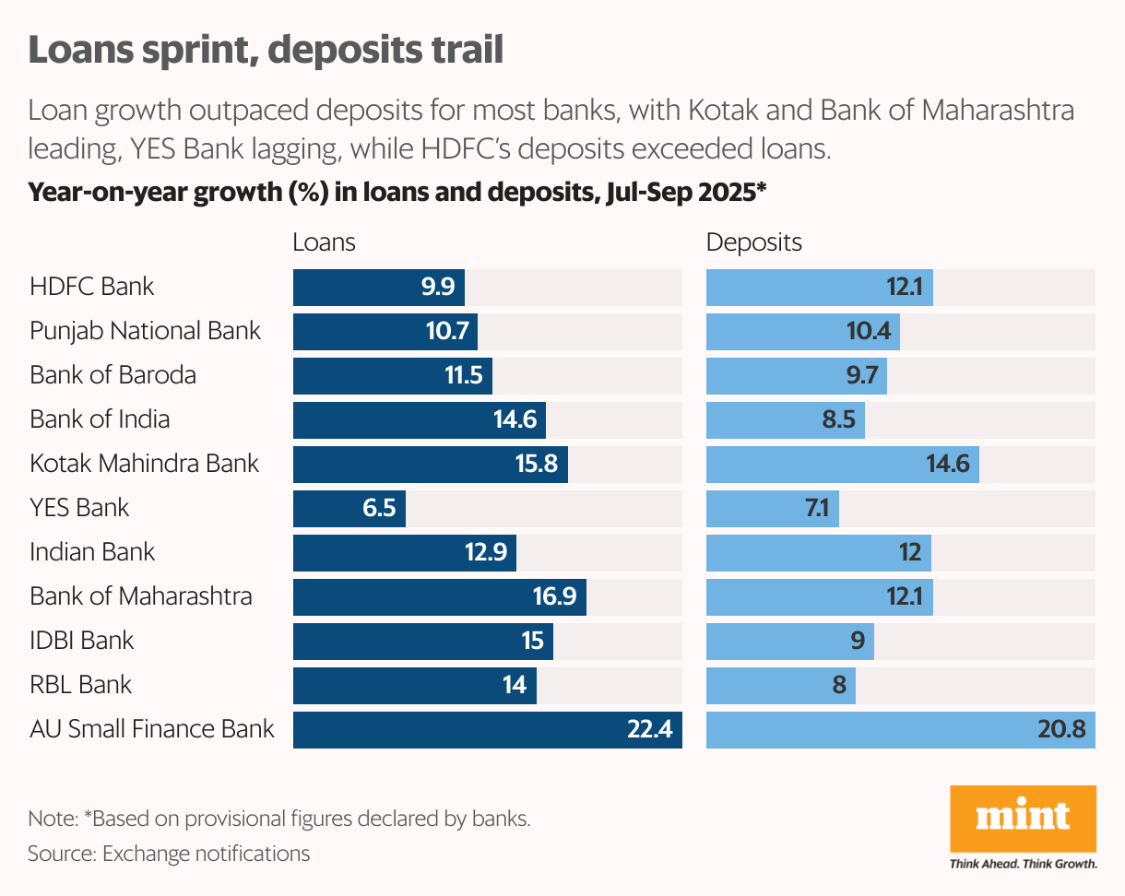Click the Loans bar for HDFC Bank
point(378,287)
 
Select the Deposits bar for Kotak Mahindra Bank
point(842,464)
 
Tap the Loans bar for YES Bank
point(349,508)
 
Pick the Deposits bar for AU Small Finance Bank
point(900,729)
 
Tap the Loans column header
point(324,242)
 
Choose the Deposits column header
point(753,242)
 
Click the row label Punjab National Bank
point(145,331)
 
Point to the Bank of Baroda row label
point(112,375)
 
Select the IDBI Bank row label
point(81,641)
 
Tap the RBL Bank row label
point(80,685)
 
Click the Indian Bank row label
point(92,552)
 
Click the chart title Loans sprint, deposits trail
point(266,50)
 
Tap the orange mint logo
point(1023,819)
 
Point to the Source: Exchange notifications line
point(169,854)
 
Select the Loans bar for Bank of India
point(419,419)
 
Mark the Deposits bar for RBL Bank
point(780,685)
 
